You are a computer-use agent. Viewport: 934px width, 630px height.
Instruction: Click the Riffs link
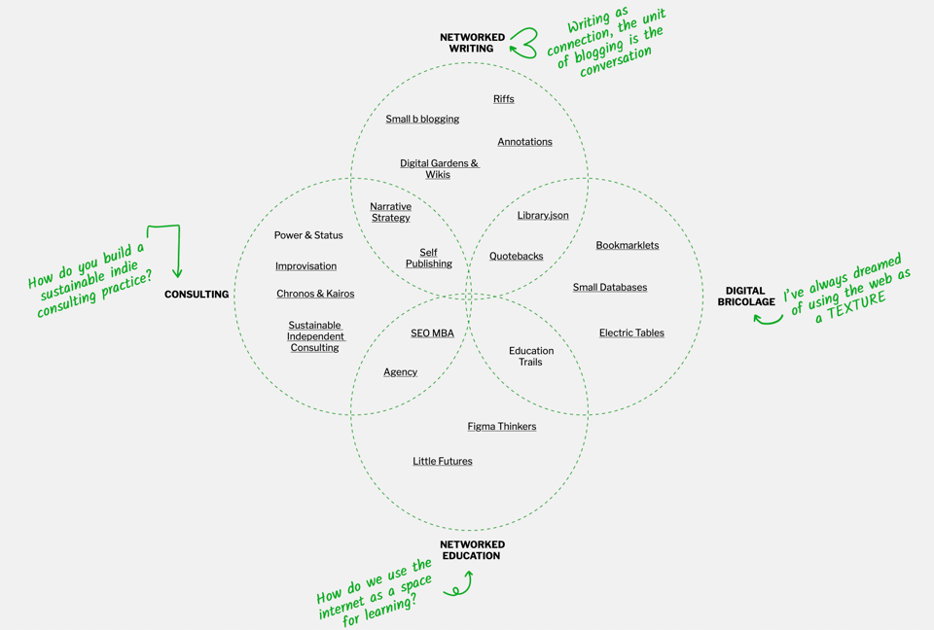503,99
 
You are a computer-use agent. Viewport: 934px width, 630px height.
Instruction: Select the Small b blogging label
422,120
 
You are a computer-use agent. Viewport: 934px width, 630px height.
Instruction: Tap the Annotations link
524,142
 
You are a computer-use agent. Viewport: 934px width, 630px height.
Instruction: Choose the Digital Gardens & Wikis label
439,169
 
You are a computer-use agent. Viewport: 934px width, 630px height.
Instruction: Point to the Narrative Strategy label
390,212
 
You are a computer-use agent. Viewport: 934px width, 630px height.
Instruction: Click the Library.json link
543,216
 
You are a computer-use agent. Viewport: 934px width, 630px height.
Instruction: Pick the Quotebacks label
516,257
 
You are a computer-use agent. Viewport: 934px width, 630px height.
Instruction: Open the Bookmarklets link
627,246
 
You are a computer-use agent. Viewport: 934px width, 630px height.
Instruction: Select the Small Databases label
609,288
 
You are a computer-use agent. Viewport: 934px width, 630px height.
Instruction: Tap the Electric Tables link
631,333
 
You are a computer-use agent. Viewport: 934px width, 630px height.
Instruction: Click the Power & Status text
308,235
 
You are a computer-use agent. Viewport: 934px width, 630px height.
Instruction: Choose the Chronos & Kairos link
315,294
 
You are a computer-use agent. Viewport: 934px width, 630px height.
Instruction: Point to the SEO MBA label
432,333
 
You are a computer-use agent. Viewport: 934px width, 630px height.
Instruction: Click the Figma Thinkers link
501,427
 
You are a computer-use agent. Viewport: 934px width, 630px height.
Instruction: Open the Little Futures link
442,462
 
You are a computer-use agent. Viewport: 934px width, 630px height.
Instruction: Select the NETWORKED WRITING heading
472,43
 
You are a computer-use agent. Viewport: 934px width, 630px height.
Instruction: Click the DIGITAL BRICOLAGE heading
746,297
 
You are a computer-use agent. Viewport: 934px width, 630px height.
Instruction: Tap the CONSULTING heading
197,295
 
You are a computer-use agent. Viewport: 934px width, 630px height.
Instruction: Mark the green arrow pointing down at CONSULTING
171,251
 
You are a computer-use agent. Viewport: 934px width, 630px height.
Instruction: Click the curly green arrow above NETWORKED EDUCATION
459,585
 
